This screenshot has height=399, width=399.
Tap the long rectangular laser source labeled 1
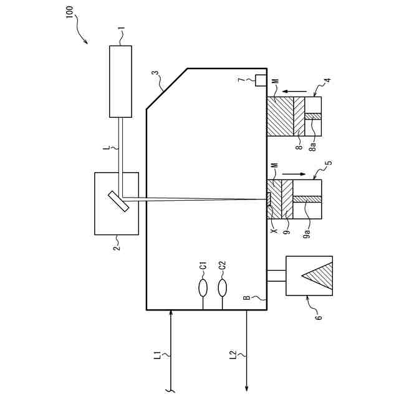tap(120, 80)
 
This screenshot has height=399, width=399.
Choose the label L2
tap(232, 355)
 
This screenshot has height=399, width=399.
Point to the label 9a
tap(307, 233)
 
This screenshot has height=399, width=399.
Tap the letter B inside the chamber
tap(247, 297)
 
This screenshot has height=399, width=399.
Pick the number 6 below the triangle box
tap(318, 317)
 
